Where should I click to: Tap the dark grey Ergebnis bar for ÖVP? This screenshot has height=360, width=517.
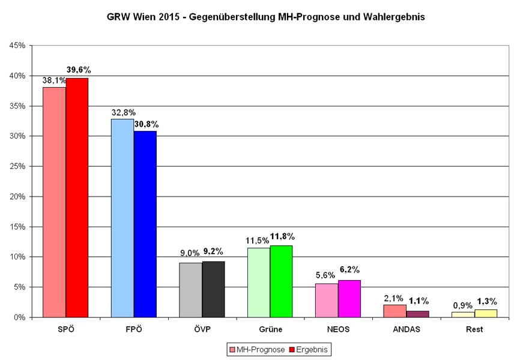click(213, 289)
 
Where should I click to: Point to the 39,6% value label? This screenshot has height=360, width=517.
click(79, 70)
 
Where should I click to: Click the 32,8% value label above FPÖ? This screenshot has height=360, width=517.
click(124, 112)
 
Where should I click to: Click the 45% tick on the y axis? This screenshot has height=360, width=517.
click(17, 46)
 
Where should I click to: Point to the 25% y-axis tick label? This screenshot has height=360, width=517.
click(17, 166)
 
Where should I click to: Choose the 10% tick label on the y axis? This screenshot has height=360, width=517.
click(17, 257)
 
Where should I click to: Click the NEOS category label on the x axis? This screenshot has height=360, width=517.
click(337, 329)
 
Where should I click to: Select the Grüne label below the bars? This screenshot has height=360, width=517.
click(270, 329)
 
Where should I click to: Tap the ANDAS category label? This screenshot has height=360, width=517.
click(407, 329)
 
